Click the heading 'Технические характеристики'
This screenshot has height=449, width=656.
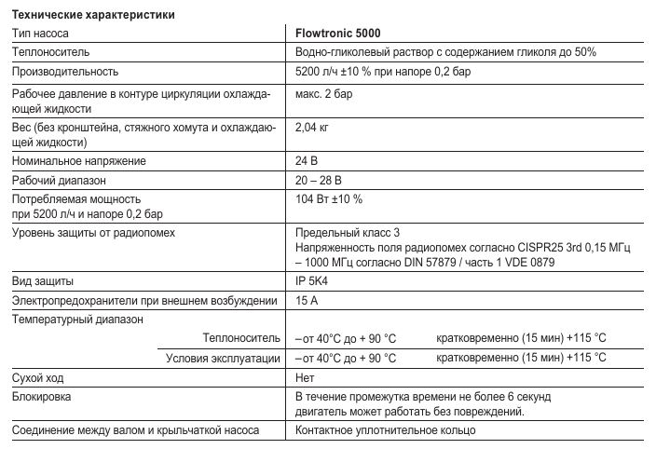[93, 15]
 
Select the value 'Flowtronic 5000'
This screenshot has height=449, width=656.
[337, 33]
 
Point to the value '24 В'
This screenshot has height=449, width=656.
[306, 161]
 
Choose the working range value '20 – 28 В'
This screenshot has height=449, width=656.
[319, 180]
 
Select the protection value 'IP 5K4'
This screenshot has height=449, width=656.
[313, 280]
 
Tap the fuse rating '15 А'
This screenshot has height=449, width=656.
[307, 300]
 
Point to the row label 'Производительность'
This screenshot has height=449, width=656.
[65, 72]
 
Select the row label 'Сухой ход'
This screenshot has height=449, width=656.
[38, 377]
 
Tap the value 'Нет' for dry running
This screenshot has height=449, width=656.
[304, 377]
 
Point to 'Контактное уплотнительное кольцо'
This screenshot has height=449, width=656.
[385, 430]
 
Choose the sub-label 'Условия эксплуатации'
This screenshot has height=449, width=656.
[224, 358]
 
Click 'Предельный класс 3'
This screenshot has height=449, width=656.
[347, 232]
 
